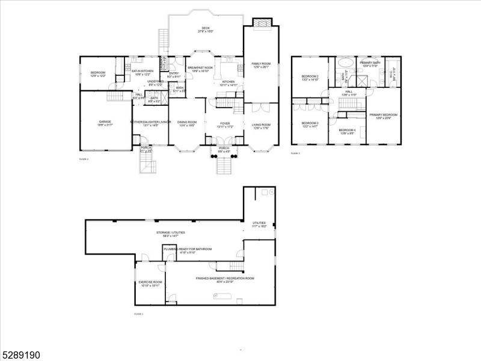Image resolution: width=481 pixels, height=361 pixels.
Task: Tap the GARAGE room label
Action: tap(105, 123)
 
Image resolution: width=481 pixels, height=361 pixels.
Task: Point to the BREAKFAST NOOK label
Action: tap(200, 69)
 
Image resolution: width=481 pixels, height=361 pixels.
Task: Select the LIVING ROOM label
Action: tap(260, 125)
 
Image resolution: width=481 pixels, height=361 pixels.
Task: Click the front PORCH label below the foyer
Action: tap(224, 148)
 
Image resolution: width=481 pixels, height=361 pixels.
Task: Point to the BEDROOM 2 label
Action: tap(310, 78)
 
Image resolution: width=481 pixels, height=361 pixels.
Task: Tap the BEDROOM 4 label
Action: tap(347, 131)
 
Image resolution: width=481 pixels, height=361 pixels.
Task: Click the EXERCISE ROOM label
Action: tap(150, 283)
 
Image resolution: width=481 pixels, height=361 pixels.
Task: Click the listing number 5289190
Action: tap(20, 355)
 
